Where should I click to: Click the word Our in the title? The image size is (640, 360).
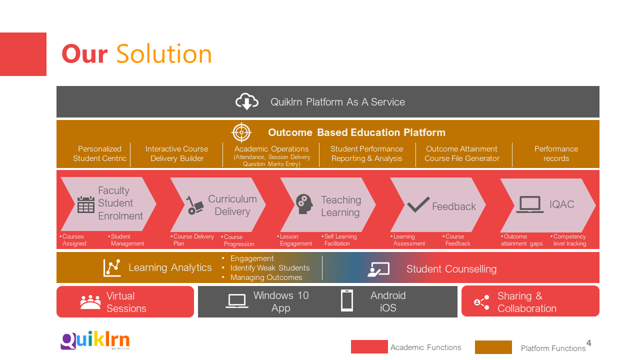84,54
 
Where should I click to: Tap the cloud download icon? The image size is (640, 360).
246,102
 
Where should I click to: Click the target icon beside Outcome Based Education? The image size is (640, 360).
241,132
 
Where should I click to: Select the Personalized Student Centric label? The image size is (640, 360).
99,153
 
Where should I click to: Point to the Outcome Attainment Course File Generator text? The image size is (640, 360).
461,153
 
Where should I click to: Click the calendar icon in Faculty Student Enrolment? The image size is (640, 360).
86,204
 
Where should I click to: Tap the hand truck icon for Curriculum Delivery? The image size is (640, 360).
195,205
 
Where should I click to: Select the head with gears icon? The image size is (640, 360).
304,204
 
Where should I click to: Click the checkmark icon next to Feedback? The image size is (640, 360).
418,204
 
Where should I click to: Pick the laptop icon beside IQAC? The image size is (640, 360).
529,204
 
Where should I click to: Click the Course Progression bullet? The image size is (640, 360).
238,240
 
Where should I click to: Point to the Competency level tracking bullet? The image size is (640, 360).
569,240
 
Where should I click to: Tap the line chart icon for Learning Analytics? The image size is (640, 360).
112,268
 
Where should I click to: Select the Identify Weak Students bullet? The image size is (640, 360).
269,268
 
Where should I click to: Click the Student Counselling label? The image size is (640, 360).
451,269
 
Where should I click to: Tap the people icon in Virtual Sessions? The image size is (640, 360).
90,302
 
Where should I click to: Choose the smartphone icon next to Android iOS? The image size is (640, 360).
346,301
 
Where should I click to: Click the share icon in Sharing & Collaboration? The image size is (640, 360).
481,302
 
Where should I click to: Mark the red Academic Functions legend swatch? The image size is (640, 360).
369,347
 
